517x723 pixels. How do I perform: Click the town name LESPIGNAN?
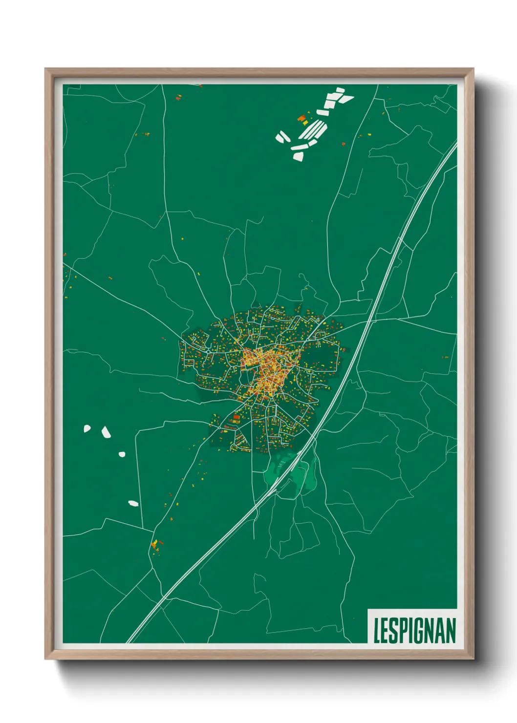(x=414, y=631)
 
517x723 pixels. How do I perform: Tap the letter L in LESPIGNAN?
(x=377, y=631)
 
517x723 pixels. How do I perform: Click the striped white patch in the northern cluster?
(x=313, y=130)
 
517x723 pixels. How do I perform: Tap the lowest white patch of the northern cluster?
(x=298, y=156)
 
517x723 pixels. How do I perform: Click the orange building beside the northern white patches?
(x=302, y=118)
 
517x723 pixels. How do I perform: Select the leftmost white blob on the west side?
(x=87, y=428)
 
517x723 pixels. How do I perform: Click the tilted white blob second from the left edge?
(x=106, y=432)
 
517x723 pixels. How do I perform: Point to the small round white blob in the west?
(x=122, y=454)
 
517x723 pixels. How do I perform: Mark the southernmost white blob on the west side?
(x=133, y=503)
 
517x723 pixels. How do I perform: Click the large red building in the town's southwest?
(x=237, y=418)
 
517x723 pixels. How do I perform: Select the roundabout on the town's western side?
(x=208, y=351)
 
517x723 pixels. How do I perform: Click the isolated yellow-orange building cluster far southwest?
(x=156, y=545)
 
